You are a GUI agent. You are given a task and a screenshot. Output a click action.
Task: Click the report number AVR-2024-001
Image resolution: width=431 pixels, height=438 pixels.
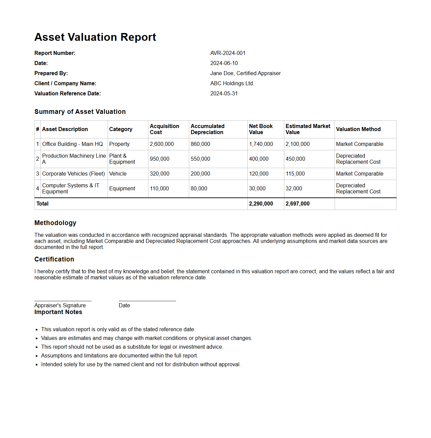228,53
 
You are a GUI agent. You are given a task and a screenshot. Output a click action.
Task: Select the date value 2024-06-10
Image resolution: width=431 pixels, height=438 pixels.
224,63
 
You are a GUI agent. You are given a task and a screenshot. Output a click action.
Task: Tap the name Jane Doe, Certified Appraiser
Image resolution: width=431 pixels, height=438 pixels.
245,73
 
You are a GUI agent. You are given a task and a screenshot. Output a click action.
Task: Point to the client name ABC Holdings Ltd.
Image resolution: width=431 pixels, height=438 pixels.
232,84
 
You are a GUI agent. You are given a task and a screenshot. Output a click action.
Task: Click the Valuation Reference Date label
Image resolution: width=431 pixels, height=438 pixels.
67,94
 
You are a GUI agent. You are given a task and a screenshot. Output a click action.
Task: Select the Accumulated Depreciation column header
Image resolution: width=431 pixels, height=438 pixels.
207,129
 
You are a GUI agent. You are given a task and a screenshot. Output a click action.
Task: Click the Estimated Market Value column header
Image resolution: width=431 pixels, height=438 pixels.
308,129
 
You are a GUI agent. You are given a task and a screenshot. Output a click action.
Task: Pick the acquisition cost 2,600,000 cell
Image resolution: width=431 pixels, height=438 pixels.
162,144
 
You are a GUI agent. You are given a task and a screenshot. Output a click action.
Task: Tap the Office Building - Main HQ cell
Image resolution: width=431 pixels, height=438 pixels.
73,144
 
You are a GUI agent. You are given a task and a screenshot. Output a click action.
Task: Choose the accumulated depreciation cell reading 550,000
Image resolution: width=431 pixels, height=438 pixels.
200,159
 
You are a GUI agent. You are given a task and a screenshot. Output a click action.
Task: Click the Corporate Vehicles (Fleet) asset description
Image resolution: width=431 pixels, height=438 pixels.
74,174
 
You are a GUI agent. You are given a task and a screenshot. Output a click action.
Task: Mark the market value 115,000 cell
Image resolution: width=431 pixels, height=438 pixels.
295,174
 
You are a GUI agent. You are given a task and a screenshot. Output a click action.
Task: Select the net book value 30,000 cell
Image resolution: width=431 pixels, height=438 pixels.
257,189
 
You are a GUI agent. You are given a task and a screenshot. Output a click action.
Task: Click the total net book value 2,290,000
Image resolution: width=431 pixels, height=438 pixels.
261,204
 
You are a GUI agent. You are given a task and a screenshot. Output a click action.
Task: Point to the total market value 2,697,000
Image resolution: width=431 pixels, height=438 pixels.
297,204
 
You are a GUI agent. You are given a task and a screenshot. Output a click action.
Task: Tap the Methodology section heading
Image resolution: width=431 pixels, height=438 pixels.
55,223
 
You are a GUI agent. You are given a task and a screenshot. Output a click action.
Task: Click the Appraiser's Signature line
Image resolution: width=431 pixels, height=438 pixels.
63,301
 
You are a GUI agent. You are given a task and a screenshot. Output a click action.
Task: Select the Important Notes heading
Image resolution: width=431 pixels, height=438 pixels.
58,312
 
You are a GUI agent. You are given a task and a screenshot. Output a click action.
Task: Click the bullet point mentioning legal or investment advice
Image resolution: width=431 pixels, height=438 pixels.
132,347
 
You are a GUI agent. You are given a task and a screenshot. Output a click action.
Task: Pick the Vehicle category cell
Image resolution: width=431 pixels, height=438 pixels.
118,174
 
